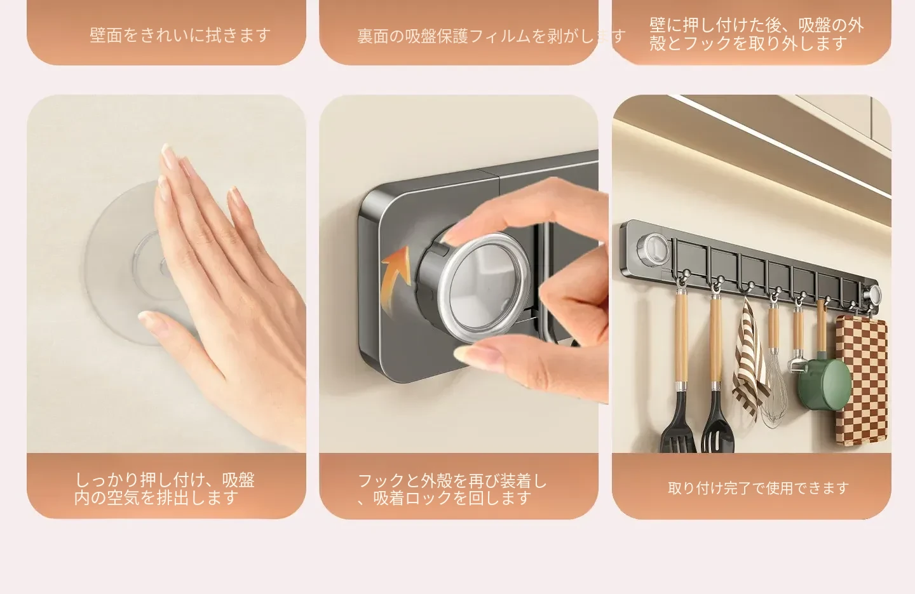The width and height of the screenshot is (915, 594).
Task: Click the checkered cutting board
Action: (x=861, y=381)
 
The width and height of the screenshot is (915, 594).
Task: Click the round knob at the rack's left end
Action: (x=653, y=248)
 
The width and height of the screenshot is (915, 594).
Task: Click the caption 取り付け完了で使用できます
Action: (x=759, y=488)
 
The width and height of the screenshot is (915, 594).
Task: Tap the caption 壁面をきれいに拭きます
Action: (x=180, y=35)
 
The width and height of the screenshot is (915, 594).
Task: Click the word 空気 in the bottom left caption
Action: (x=123, y=498)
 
